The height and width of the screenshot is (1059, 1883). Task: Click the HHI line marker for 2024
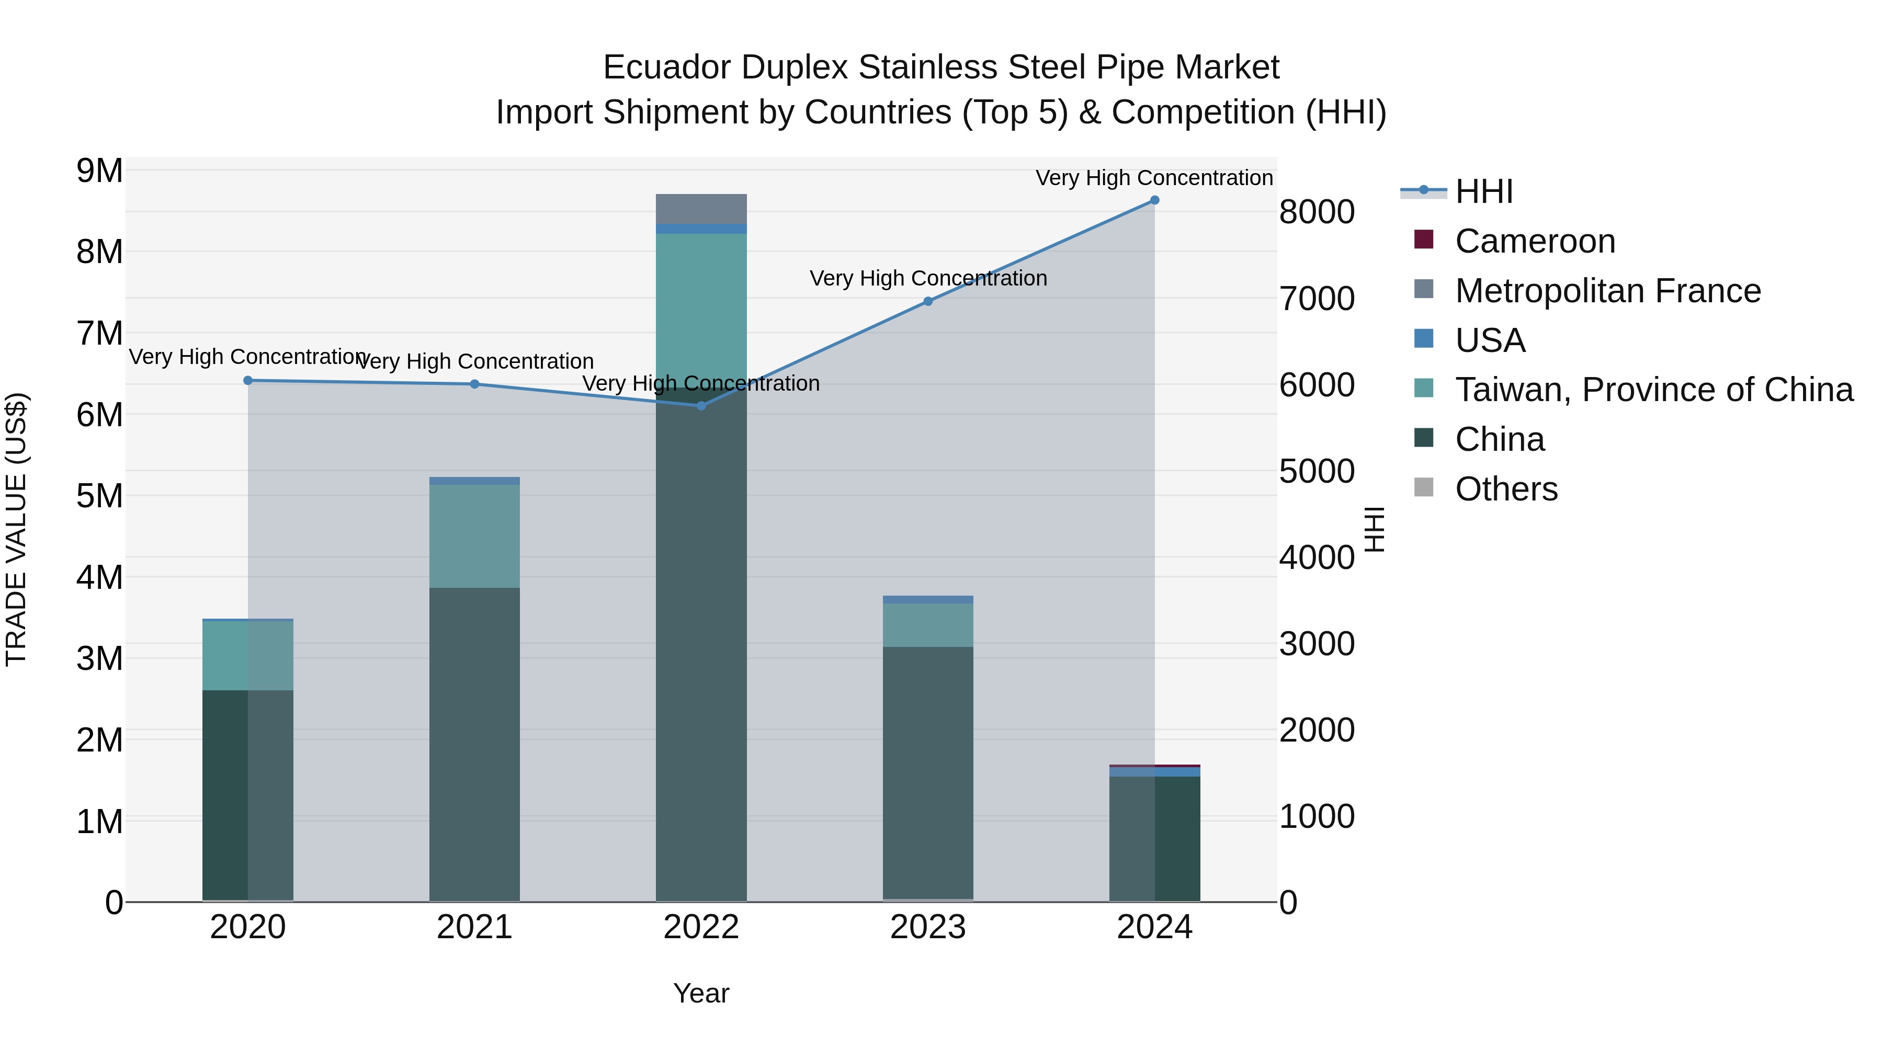click(1154, 200)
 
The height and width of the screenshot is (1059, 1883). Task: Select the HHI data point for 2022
click(701, 406)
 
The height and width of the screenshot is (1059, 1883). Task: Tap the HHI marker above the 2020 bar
click(248, 380)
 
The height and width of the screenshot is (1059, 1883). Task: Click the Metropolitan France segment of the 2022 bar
click(701, 209)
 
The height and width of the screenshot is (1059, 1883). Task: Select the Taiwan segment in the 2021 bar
click(474, 536)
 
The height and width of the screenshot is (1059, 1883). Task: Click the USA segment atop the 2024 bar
click(1154, 772)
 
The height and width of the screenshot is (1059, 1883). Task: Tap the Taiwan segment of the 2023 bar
click(927, 625)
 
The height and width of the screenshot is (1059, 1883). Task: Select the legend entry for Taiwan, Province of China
click(1653, 390)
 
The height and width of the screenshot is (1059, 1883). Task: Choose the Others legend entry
click(1506, 489)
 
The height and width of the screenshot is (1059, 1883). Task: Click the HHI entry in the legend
click(1483, 191)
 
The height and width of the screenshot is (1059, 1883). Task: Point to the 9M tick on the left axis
click(99, 171)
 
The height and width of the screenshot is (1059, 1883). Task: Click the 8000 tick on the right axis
click(1317, 213)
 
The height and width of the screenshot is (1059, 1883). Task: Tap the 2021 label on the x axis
click(474, 927)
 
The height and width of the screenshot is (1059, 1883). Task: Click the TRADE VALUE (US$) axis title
click(16, 529)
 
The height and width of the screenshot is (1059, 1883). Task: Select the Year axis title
click(701, 993)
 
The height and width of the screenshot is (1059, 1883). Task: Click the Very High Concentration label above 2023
click(927, 278)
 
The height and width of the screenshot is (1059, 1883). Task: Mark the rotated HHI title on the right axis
click(1374, 529)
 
